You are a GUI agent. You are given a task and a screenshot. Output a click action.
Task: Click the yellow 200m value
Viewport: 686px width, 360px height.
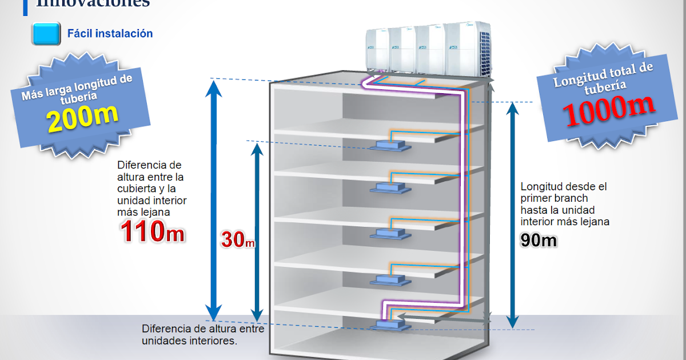[82, 118]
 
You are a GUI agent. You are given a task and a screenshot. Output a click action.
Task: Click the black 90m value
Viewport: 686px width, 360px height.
[539, 241]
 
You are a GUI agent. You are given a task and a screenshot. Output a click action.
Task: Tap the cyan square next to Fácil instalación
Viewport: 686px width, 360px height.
[46, 34]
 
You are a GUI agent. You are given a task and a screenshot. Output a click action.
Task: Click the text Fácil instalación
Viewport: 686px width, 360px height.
[110, 34]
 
